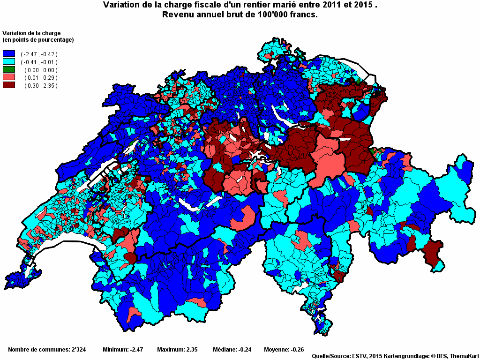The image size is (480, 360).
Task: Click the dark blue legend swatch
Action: [x=9, y=54]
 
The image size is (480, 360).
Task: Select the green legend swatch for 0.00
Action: [x=9, y=70]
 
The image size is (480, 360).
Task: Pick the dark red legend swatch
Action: [x=9, y=85]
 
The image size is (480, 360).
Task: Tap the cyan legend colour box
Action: [x=9, y=62]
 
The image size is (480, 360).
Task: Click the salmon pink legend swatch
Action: [x=9, y=77]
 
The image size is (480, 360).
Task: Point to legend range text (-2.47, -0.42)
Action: [x=39, y=54]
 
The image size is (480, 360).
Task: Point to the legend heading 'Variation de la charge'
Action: [x=32, y=33]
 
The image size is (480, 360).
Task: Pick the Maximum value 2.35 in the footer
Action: [x=190, y=350]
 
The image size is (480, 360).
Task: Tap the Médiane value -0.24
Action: [x=245, y=350]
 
